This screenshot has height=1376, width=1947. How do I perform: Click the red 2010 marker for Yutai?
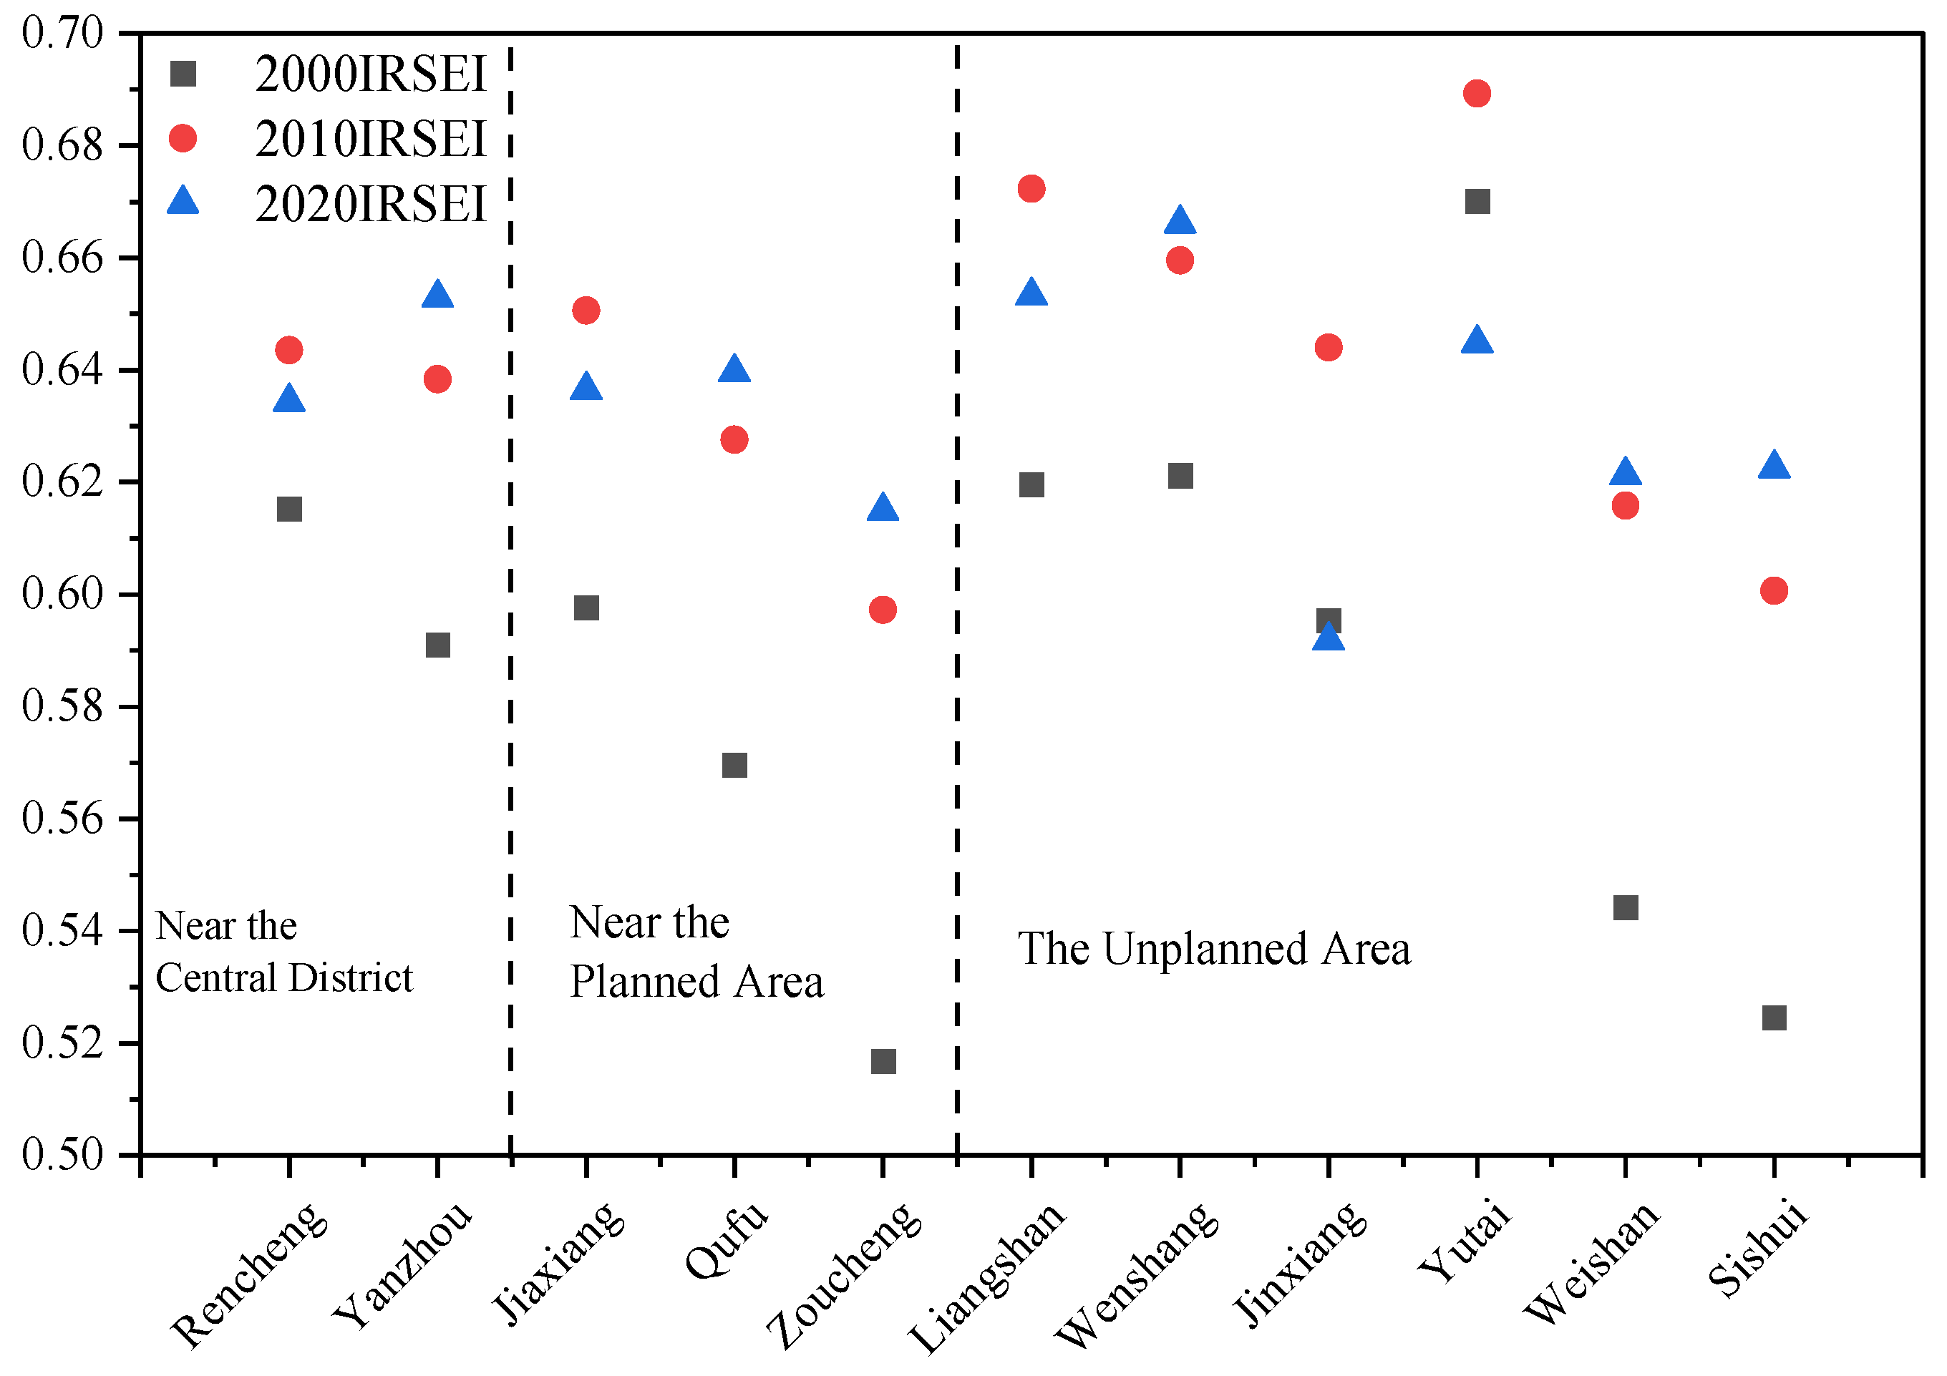1477,93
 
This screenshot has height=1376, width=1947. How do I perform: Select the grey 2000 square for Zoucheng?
883,1061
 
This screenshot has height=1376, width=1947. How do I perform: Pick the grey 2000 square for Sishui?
1774,1018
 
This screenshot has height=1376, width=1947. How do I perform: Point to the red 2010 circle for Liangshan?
1031,188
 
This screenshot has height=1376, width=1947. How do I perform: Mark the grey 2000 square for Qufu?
734,766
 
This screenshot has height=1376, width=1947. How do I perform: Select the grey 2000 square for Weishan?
1626,908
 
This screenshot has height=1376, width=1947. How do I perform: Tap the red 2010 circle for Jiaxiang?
586,311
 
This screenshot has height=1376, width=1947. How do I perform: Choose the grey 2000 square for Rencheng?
289,509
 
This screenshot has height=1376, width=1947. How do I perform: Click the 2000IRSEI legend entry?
370,74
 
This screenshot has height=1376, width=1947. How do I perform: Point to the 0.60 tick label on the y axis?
62,593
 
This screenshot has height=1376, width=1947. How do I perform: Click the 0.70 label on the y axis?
62,34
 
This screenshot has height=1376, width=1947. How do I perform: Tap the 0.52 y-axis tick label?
62,1043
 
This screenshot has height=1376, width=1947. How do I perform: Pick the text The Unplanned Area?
1213,949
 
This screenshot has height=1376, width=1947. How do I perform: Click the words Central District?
284,977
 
